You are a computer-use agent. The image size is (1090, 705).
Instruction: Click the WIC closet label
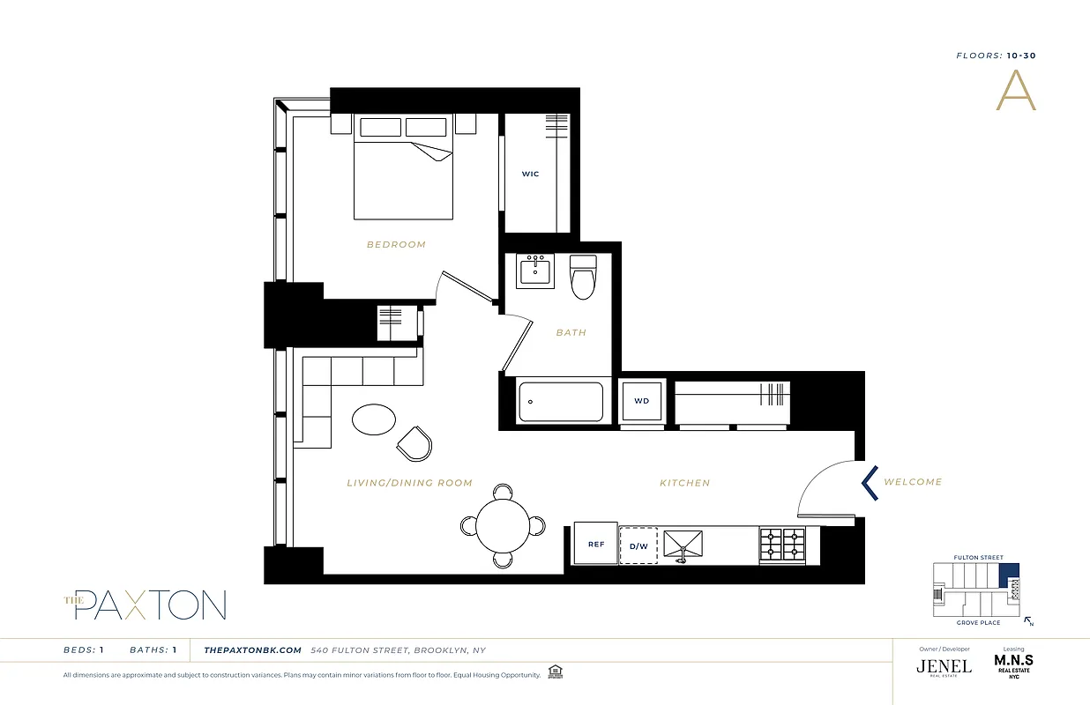(x=530, y=174)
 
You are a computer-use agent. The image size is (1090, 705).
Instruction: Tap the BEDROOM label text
(x=396, y=244)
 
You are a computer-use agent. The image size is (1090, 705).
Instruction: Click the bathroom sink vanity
(x=535, y=271)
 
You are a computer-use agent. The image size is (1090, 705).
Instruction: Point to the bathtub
(x=561, y=402)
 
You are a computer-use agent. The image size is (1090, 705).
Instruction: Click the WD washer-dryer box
(x=642, y=401)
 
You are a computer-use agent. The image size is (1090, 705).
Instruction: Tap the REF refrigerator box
(x=596, y=545)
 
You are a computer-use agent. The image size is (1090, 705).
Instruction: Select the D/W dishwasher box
(x=638, y=545)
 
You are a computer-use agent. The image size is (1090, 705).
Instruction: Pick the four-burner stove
(x=783, y=545)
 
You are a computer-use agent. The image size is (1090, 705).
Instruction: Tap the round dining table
(x=501, y=525)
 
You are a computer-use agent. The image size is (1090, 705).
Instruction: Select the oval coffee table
(x=374, y=419)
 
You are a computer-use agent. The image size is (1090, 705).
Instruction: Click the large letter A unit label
(x=1016, y=91)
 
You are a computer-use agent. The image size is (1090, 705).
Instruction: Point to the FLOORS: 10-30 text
(x=996, y=56)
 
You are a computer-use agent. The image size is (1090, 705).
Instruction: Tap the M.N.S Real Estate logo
(x=1013, y=664)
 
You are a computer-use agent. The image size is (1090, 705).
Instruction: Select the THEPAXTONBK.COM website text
(x=253, y=650)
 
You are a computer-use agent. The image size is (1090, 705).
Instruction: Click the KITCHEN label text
(x=684, y=483)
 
